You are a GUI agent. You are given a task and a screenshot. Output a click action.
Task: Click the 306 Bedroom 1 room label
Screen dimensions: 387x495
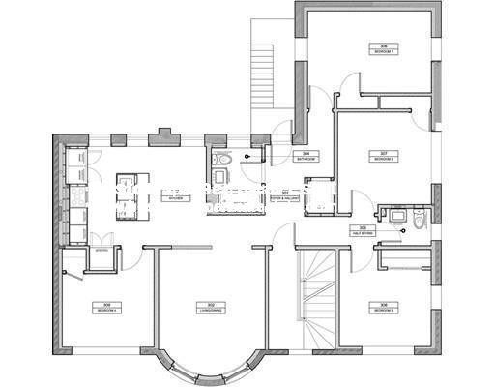(x=384, y=47)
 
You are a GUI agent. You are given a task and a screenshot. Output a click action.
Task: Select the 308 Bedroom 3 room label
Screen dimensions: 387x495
(x=384, y=308)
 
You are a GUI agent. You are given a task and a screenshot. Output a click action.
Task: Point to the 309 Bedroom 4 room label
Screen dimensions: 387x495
(x=103, y=308)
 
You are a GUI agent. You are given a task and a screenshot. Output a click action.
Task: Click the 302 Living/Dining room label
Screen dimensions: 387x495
(x=206, y=308)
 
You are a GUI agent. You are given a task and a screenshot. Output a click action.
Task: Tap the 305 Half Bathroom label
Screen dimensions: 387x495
(x=364, y=231)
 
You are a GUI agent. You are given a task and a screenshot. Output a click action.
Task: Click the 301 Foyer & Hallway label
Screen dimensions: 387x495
(x=286, y=195)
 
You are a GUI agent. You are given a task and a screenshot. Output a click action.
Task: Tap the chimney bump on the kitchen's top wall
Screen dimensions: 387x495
(x=163, y=139)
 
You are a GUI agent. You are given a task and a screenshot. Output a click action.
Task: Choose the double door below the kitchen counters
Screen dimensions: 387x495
(x=102, y=239)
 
